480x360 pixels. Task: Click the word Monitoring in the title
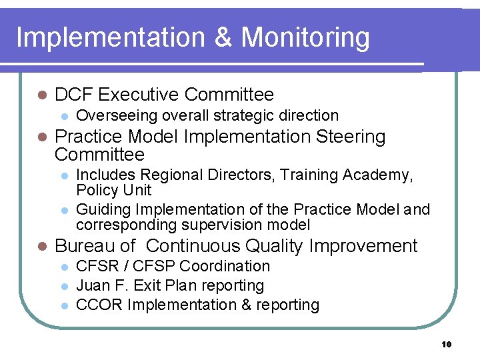tap(305, 37)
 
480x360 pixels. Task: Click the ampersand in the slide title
tap(223, 37)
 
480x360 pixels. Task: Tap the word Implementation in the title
tap(111, 37)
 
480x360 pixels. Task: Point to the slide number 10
tap(446, 344)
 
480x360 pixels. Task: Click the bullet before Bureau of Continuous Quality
tap(42, 247)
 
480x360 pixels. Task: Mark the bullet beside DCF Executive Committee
tap(42, 95)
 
